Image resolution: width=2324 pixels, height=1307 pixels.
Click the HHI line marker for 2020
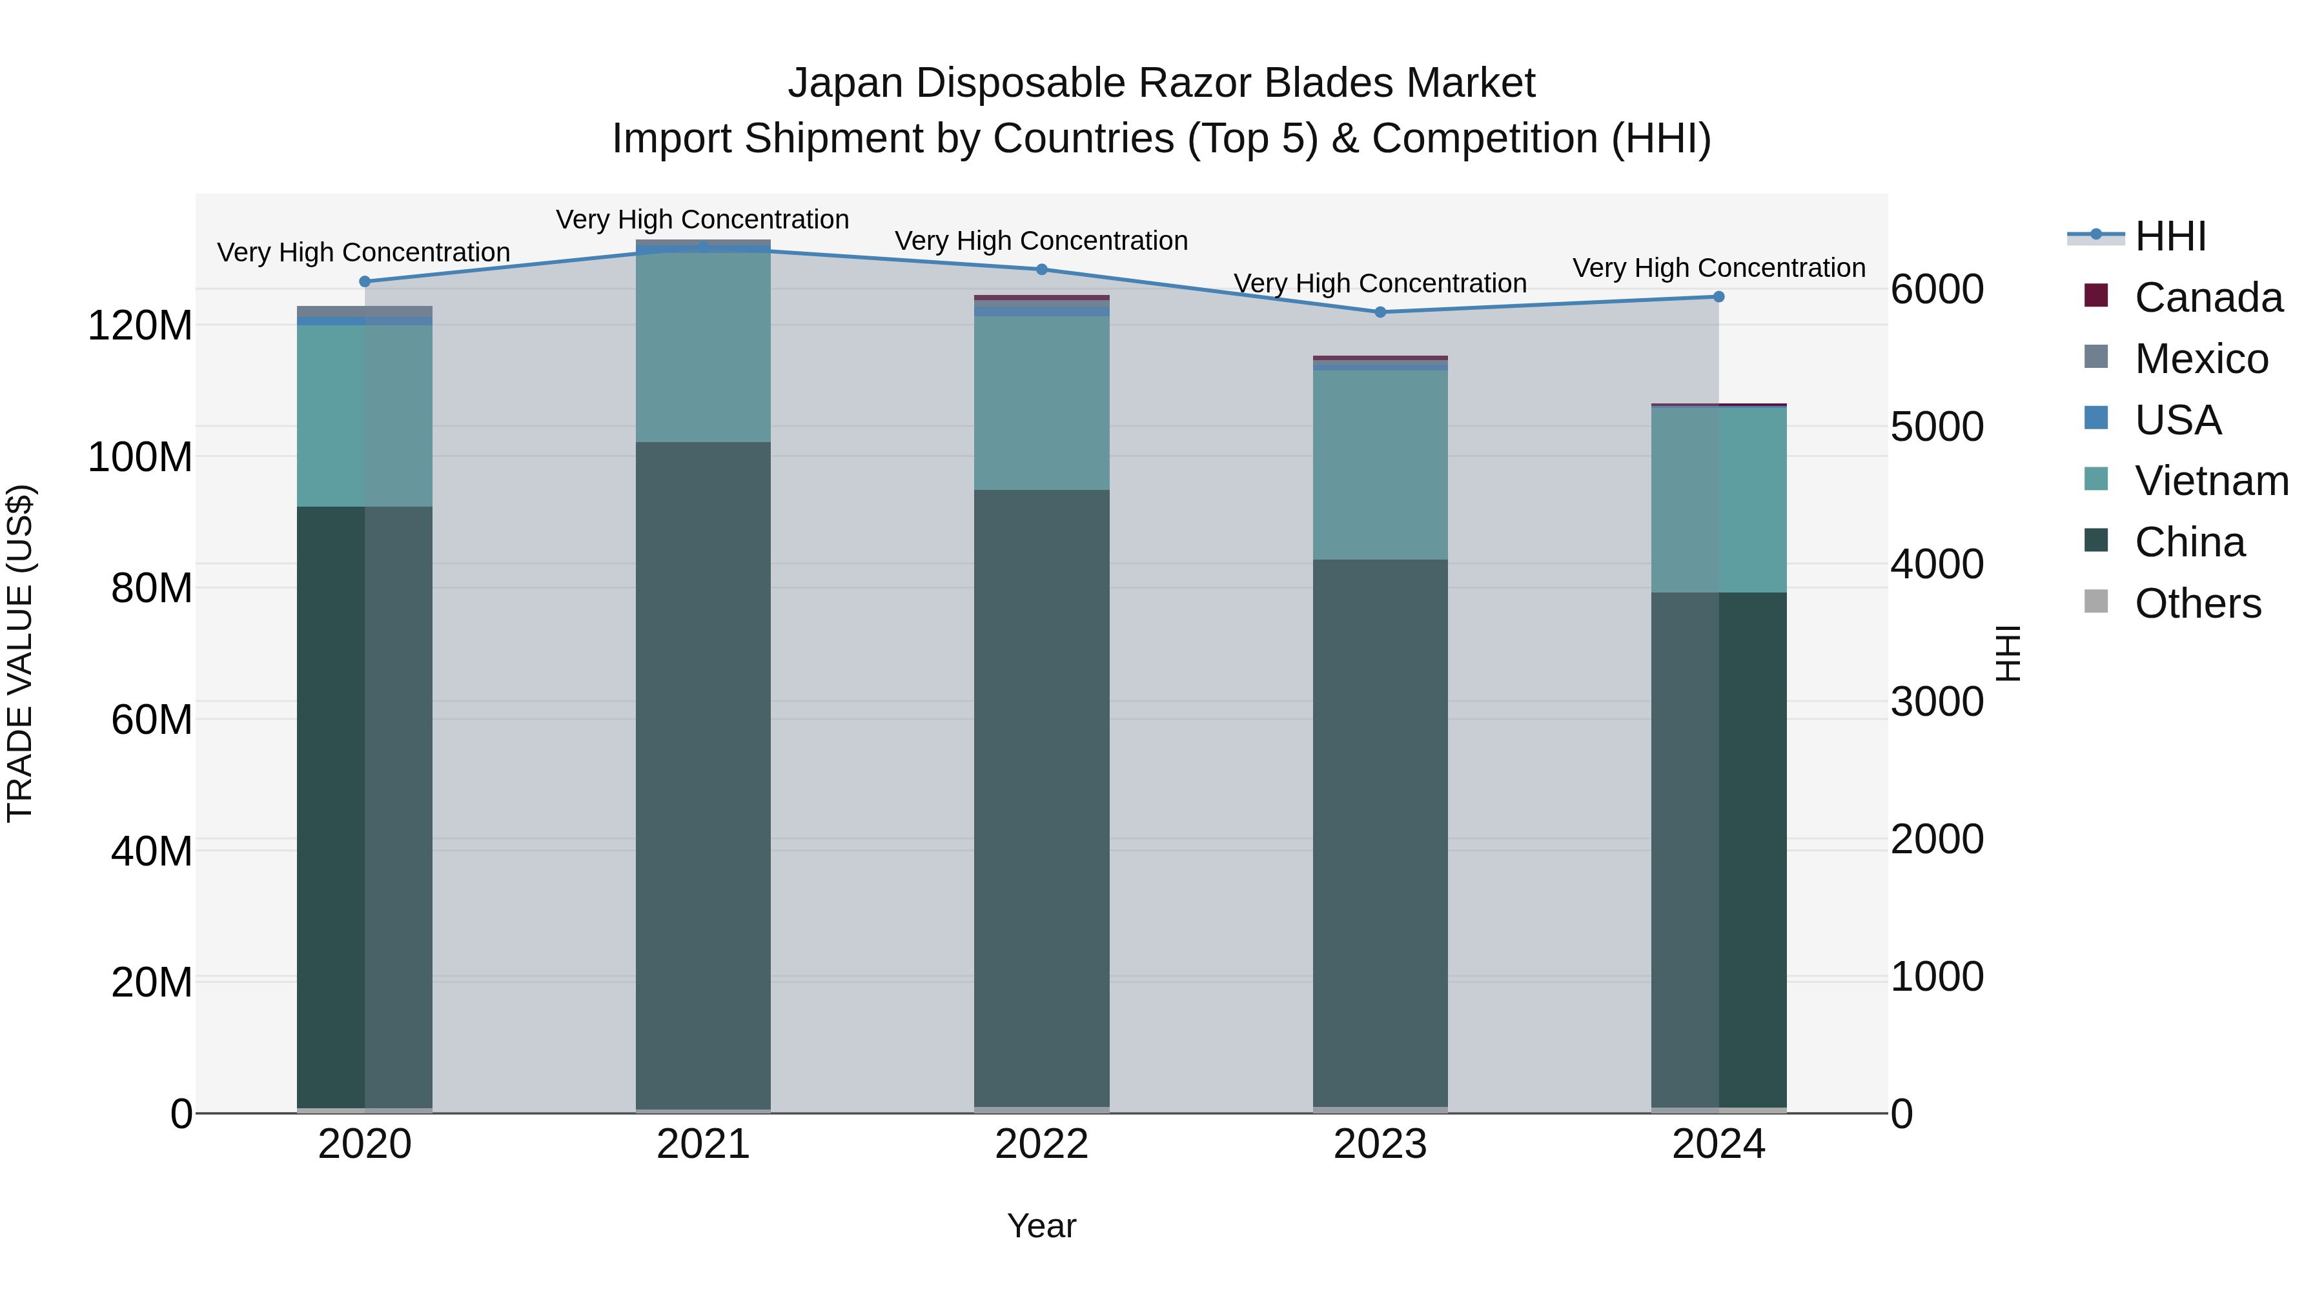pyautogui.click(x=365, y=281)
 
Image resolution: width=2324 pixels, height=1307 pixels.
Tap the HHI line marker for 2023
pyautogui.click(x=1380, y=312)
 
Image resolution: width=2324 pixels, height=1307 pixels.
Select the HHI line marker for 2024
pyautogui.click(x=1718, y=297)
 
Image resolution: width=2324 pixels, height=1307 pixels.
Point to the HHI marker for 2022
pyautogui.click(x=1041, y=268)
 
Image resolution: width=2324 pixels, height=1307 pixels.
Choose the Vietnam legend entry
pyautogui.click(x=2210, y=481)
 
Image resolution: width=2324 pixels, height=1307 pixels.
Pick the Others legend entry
pyautogui.click(x=2197, y=603)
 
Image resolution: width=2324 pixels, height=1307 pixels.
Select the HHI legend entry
pyautogui.click(x=2170, y=236)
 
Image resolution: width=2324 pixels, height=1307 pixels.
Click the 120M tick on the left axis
pyautogui.click(x=140, y=326)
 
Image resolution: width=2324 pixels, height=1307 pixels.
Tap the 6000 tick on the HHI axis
pyautogui.click(x=1936, y=290)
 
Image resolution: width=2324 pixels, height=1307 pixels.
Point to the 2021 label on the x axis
pyautogui.click(x=703, y=1144)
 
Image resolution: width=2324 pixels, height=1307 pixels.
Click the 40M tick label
pyautogui.click(x=152, y=851)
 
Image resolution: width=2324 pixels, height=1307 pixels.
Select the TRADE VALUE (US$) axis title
pyautogui.click(x=20, y=653)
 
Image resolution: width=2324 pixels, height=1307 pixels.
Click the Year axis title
pyautogui.click(x=1041, y=1226)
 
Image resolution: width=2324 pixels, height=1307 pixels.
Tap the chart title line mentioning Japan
pyautogui.click(x=1161, y=83)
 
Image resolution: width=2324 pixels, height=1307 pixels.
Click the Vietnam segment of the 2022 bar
pyautogui.click(x=1041, y=402)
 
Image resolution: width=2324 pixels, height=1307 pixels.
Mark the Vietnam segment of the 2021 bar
pyautogui.click(x=703, y=347)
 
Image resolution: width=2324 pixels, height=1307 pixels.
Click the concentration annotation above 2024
pyautogui.click(x=1718, y=268)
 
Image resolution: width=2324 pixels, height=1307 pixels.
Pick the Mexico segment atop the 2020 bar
pyautogui.click(x=365, y=311)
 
